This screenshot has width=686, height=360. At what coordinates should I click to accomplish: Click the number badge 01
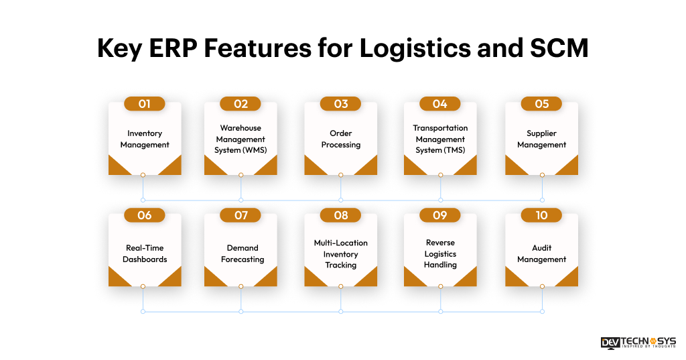click(145, 104)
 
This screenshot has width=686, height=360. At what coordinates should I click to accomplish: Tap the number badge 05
click(541, 104)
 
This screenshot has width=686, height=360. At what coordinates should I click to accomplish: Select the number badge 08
click(340, 215)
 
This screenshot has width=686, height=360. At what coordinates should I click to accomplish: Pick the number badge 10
click(541, 215)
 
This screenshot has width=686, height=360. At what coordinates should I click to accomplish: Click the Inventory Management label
click(145, 139)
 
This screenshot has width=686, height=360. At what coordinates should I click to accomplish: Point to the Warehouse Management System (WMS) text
click(241, 139)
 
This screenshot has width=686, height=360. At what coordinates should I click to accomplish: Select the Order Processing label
click(340, 139)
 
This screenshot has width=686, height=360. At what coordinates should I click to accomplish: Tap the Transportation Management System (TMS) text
click(440, 139)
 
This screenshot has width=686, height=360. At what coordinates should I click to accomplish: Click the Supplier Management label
click(541, 139)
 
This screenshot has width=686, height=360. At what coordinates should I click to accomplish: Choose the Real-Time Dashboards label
click(145, 253)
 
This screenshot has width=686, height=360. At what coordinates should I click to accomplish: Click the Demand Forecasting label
click(241, 253)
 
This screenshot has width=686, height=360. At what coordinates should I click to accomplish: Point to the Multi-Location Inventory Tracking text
click(340, 253)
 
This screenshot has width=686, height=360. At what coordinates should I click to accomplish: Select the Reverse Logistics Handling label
click(440, 253)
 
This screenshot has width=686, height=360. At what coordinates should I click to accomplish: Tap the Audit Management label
click(541, 253)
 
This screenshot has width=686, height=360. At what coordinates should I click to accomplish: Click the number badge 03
click(340, 104)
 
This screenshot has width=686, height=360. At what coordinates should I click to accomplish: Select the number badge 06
click(145, 215)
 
